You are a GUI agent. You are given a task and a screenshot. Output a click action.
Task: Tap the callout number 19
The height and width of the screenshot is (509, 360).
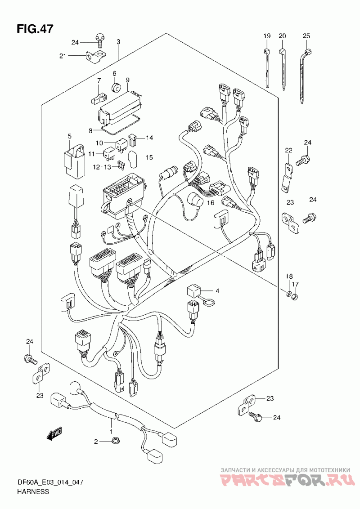[x=267, y=36]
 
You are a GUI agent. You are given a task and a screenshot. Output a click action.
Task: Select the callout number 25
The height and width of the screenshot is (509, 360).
[x=306, y=36]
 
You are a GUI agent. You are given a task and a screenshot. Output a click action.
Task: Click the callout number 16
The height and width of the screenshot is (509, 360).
[x=211, y=202]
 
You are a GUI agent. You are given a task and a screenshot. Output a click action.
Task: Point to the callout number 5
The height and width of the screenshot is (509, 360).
[x=69, y=135]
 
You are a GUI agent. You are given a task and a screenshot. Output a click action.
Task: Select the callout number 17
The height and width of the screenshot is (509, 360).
[x=295, y=284]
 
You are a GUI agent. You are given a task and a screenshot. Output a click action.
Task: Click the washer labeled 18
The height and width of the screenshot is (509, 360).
[x=288, y=294]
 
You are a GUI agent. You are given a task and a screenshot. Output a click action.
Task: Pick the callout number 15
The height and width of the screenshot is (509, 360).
[x=149, y=158]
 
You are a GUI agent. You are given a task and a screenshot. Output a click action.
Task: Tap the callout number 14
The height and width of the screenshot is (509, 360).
[x=149, y=138]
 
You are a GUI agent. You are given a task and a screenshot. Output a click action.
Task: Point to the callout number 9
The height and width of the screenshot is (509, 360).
[x=128, y=80]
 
